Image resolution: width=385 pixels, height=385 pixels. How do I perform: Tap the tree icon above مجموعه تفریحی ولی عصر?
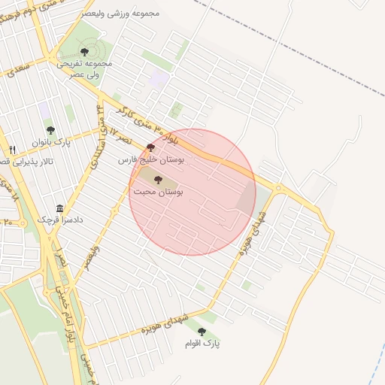coord(84,52)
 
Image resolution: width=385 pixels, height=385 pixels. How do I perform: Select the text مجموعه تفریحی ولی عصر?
coord(84,69)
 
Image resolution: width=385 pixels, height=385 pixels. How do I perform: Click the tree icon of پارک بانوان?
coord(50,129)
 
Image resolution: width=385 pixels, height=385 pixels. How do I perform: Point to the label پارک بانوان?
coord(50,141)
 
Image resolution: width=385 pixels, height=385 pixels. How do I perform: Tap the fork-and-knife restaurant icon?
coord(13,150)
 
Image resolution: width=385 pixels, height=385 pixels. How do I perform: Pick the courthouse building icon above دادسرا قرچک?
coord(59,208)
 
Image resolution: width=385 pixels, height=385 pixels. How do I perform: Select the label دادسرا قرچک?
coord(61,221)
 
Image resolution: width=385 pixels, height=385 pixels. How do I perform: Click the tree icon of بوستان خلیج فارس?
coord(150,147)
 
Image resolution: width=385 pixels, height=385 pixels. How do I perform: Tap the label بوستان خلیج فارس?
coord(151,159)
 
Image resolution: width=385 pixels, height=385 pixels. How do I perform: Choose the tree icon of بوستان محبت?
coord(157,179)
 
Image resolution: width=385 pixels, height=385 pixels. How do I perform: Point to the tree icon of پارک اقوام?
coord(201,331)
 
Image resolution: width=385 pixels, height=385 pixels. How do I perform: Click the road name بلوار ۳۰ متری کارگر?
coord(196,135)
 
